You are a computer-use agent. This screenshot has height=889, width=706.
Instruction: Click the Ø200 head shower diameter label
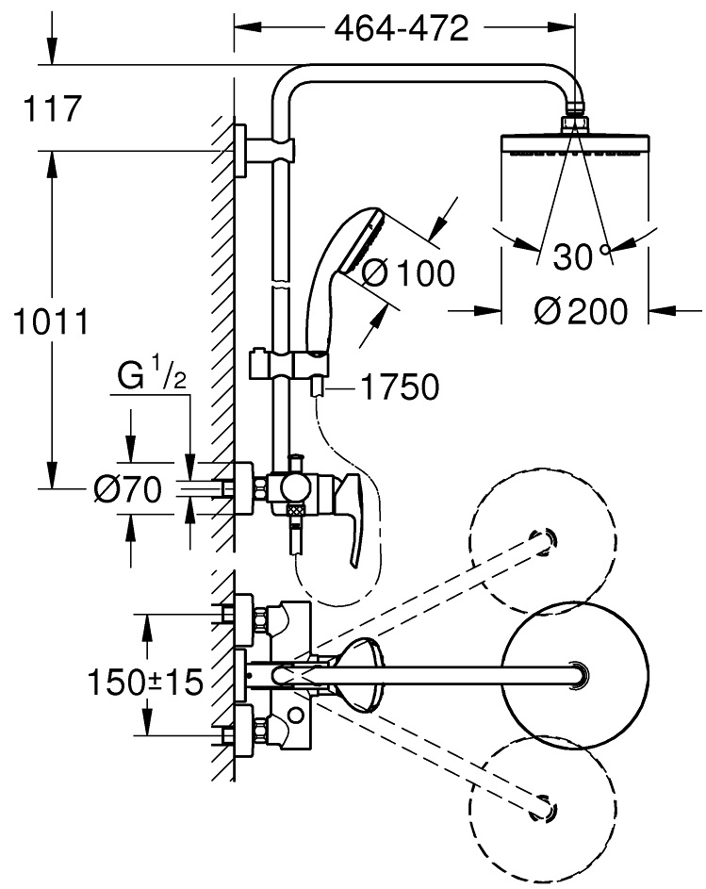(x=577, y=310)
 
